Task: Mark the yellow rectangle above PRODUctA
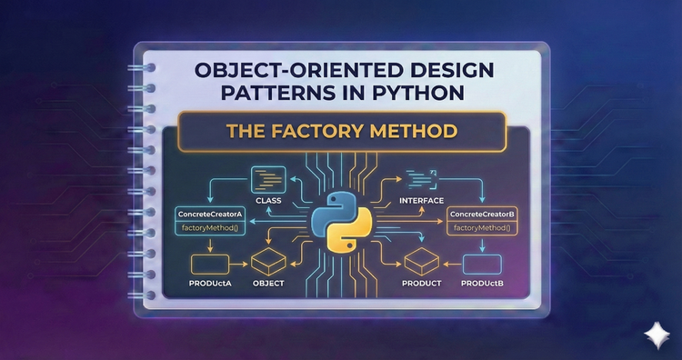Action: pos(211,264)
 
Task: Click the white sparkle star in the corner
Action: pos(655,334)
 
